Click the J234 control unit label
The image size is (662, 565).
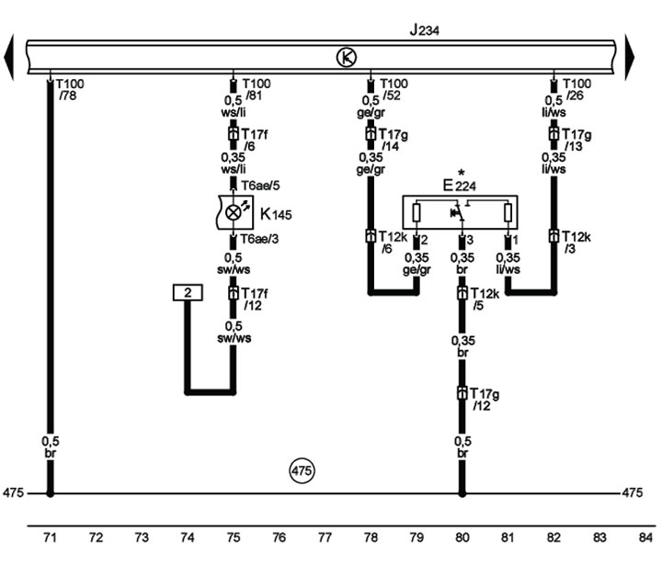click(424, 30)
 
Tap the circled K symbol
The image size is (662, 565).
click(347, 57)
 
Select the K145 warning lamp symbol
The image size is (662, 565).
click(234, 212)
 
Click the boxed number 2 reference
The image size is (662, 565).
click(188, 292)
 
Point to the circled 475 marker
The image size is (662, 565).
click(302, 470)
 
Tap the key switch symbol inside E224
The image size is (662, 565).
click(459, 212)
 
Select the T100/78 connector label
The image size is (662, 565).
click(70, 89)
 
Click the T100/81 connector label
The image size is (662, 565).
click(257, 89)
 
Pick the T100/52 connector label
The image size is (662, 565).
click(394, 89)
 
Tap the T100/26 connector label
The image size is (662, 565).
click(577, 89)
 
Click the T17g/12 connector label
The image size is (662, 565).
click(485, 399)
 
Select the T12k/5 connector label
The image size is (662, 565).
click(485, 299)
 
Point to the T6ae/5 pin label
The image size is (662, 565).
click(260, 186)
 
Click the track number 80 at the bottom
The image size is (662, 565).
click(462, 537)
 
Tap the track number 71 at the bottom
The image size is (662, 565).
click(50, 537)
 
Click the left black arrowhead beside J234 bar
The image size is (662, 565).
click(9, 57)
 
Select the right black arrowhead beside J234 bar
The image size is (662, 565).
click(630, 57)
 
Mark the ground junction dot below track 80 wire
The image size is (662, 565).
click(462, 492)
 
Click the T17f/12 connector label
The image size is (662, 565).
click(255, 299)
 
